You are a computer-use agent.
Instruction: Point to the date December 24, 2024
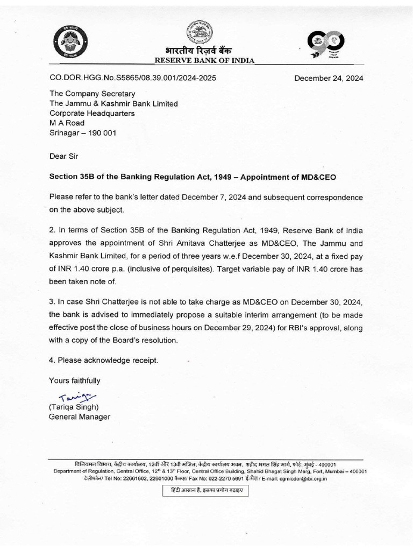pos(329,78)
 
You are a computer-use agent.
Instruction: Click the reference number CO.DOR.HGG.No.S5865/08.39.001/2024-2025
pos(133,78)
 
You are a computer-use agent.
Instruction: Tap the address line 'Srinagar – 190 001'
pos(82,133)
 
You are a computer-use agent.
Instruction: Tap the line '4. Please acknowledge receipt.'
pos(104,360)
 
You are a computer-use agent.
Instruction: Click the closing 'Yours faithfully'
pos(75,380)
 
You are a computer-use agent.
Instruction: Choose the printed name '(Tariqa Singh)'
pos(74,407)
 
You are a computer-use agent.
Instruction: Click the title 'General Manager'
pos(80,416)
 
